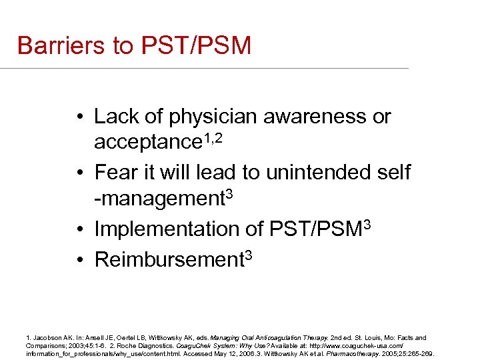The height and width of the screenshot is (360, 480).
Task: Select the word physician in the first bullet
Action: click(x=213, y=117)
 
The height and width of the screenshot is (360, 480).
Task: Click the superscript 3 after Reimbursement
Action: click(x=248, y=254)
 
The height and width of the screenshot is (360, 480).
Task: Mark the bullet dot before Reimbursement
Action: click(x=80, y=260)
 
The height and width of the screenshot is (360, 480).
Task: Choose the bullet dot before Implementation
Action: click(x=80, y=229)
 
